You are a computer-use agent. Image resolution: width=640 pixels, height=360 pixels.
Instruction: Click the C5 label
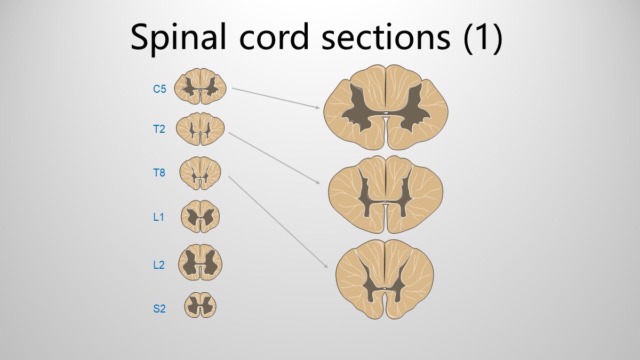(x=159, y=89)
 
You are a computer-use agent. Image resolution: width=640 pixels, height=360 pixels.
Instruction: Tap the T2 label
(x=159, y=130)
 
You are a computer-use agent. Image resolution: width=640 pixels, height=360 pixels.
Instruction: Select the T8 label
(x=159, y=173)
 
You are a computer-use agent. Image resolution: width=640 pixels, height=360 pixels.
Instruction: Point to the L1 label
(x=158, y=217)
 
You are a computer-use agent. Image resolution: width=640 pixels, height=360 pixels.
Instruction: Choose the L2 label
(x=159, y=265)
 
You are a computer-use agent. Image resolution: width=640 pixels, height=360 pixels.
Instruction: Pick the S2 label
(x=159, y=309)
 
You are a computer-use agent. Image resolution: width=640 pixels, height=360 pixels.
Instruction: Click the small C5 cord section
(x=201, y=86)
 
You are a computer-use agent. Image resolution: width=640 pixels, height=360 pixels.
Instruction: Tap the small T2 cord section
(x=201, y=129)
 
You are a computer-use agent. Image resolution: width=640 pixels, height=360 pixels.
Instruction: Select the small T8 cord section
(x=201, y=173)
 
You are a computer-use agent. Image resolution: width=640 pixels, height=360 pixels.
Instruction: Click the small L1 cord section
(x=201, y=217)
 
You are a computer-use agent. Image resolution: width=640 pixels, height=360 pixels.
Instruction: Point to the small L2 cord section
(x=201, y=262)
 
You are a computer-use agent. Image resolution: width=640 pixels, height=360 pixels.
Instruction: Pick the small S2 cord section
(x=201, y=305)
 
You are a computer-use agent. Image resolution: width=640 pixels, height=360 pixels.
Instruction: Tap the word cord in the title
(x=274, y=37)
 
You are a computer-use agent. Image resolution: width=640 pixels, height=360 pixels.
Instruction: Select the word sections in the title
(x=386, y=37)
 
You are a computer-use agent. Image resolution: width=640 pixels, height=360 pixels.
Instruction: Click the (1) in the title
(x=483, y=37)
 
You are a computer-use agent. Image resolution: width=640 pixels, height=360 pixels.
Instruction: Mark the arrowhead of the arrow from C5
(x=318, y=108)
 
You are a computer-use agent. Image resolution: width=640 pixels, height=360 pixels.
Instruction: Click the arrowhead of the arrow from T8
(x=326, y=266)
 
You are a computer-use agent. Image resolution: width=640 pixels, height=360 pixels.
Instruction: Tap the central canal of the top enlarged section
(x=386, y=113)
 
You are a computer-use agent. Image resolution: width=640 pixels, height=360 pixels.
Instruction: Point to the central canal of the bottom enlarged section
(x=385, y=289)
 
